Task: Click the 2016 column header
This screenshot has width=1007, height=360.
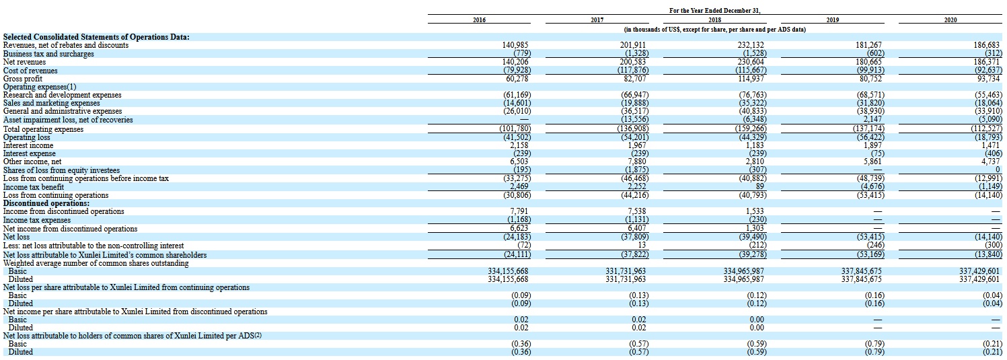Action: point(479,21)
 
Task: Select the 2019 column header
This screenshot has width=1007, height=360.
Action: point(832,21)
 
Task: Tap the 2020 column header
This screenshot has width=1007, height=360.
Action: point(950,21)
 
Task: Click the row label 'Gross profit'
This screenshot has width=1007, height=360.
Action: point(23,79)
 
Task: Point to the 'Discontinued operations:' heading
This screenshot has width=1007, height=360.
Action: point(46,203)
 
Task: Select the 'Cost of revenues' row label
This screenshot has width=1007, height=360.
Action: point(30,71)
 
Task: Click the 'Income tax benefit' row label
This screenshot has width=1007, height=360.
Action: point(34,186)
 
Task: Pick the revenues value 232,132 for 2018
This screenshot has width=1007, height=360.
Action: point(751,45)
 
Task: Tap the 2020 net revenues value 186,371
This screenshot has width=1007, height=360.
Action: point(987,62)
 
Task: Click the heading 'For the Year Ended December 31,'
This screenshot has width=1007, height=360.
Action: point(714,11)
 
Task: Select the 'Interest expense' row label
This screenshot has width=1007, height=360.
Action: point(30,153)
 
